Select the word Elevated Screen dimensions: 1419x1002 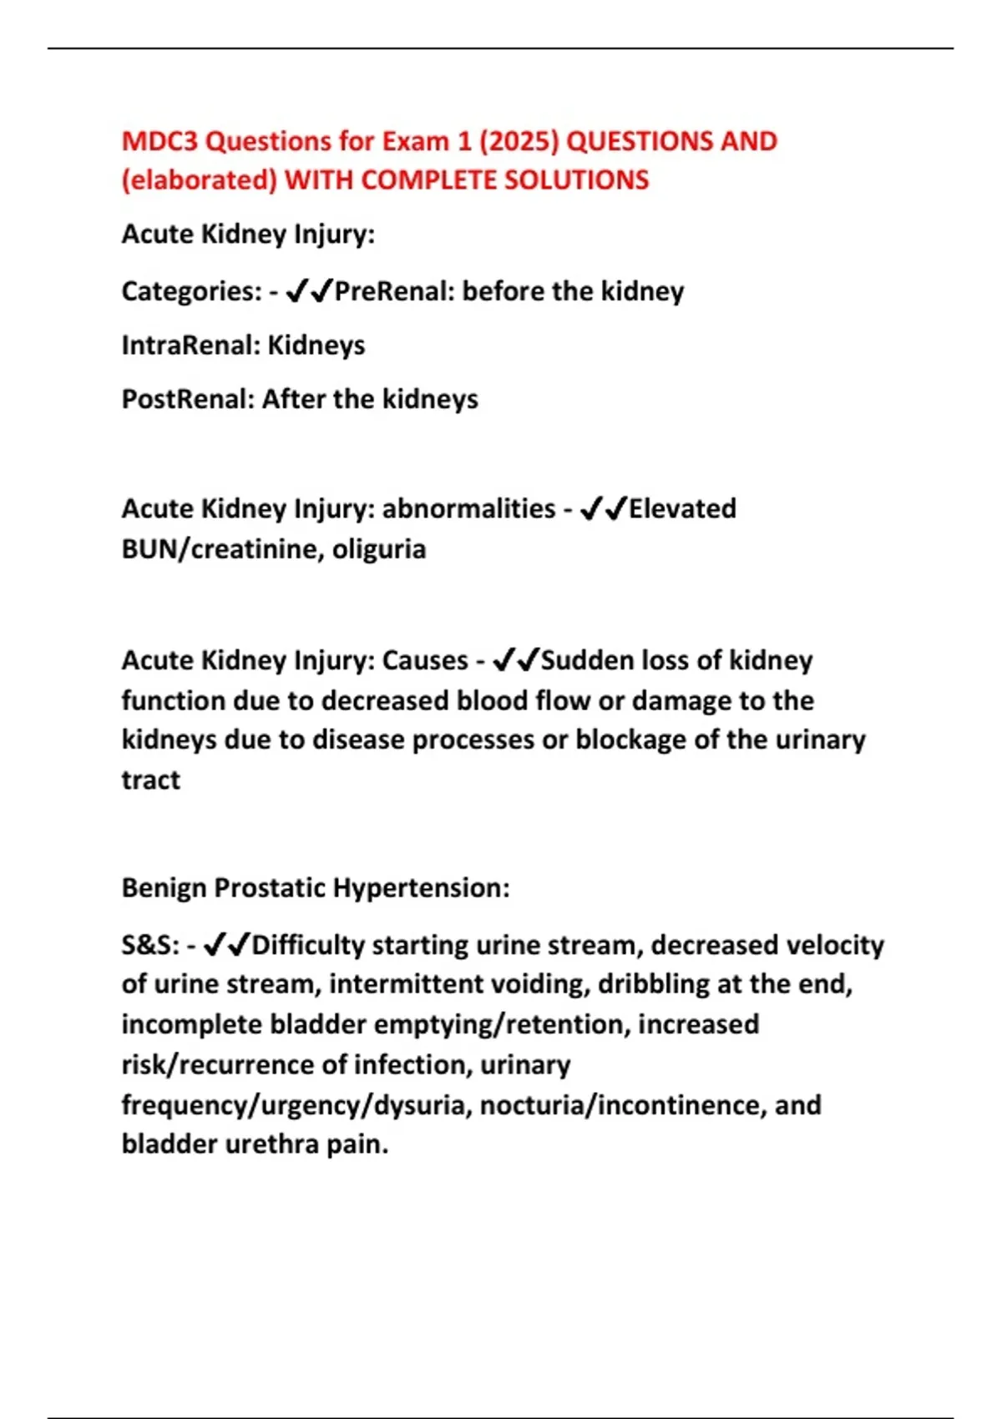tap(682, 508)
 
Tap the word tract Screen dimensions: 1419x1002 tap(150, 780)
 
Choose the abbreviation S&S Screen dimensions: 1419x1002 tap(149, 945)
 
